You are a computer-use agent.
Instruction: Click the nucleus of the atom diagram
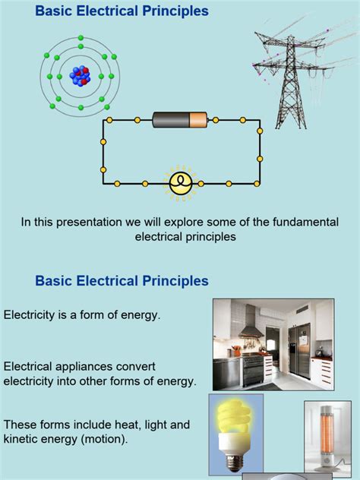(80, 75)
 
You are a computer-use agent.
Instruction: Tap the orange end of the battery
(197, 120)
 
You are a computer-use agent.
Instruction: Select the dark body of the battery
(171, 120)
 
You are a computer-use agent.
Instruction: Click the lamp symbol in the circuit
(180, 182)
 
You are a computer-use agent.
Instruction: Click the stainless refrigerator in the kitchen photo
(302, 346)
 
